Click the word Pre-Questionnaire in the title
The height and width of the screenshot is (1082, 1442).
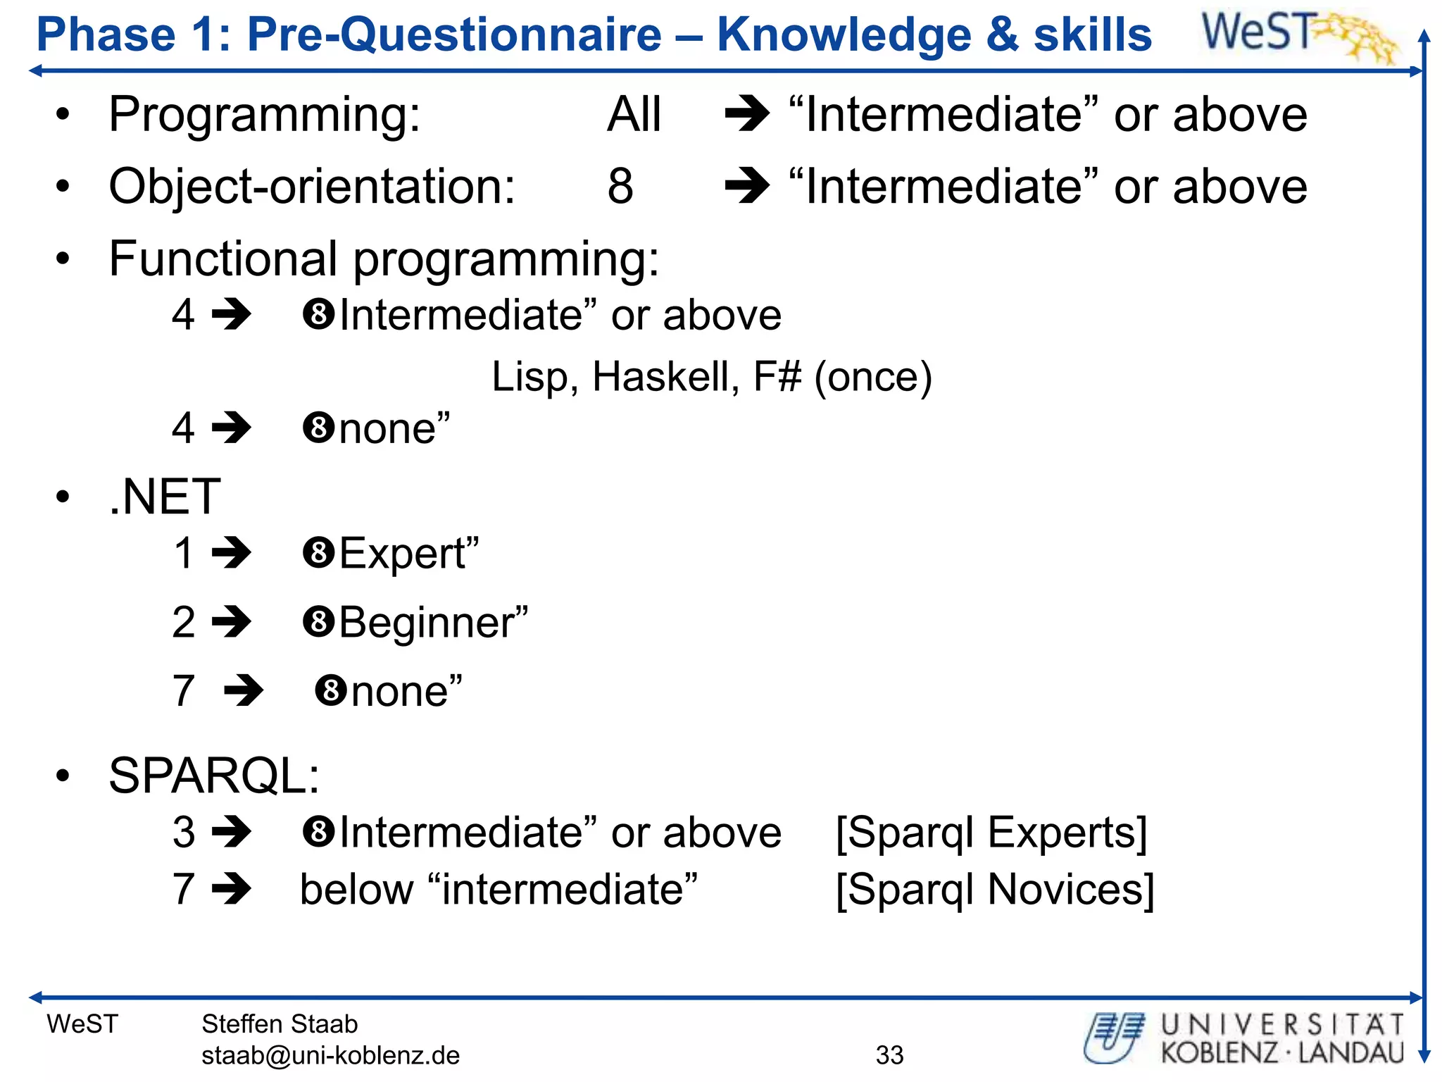454,35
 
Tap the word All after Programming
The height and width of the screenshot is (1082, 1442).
634,114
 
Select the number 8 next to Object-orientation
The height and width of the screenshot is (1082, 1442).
620,187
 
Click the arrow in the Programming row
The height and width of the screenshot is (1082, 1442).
747,114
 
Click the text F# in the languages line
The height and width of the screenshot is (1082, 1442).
777,377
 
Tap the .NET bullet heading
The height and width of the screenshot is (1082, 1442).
165,497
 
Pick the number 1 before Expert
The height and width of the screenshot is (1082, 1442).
184,553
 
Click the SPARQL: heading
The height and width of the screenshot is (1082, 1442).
214,776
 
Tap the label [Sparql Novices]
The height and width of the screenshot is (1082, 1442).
995,890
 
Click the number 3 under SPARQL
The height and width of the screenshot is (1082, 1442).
184,833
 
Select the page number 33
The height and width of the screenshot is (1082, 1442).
889,1055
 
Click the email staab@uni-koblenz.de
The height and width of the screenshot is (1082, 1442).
330,1055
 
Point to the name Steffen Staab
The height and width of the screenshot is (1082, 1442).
280,1024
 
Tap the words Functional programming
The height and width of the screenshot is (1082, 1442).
384,259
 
